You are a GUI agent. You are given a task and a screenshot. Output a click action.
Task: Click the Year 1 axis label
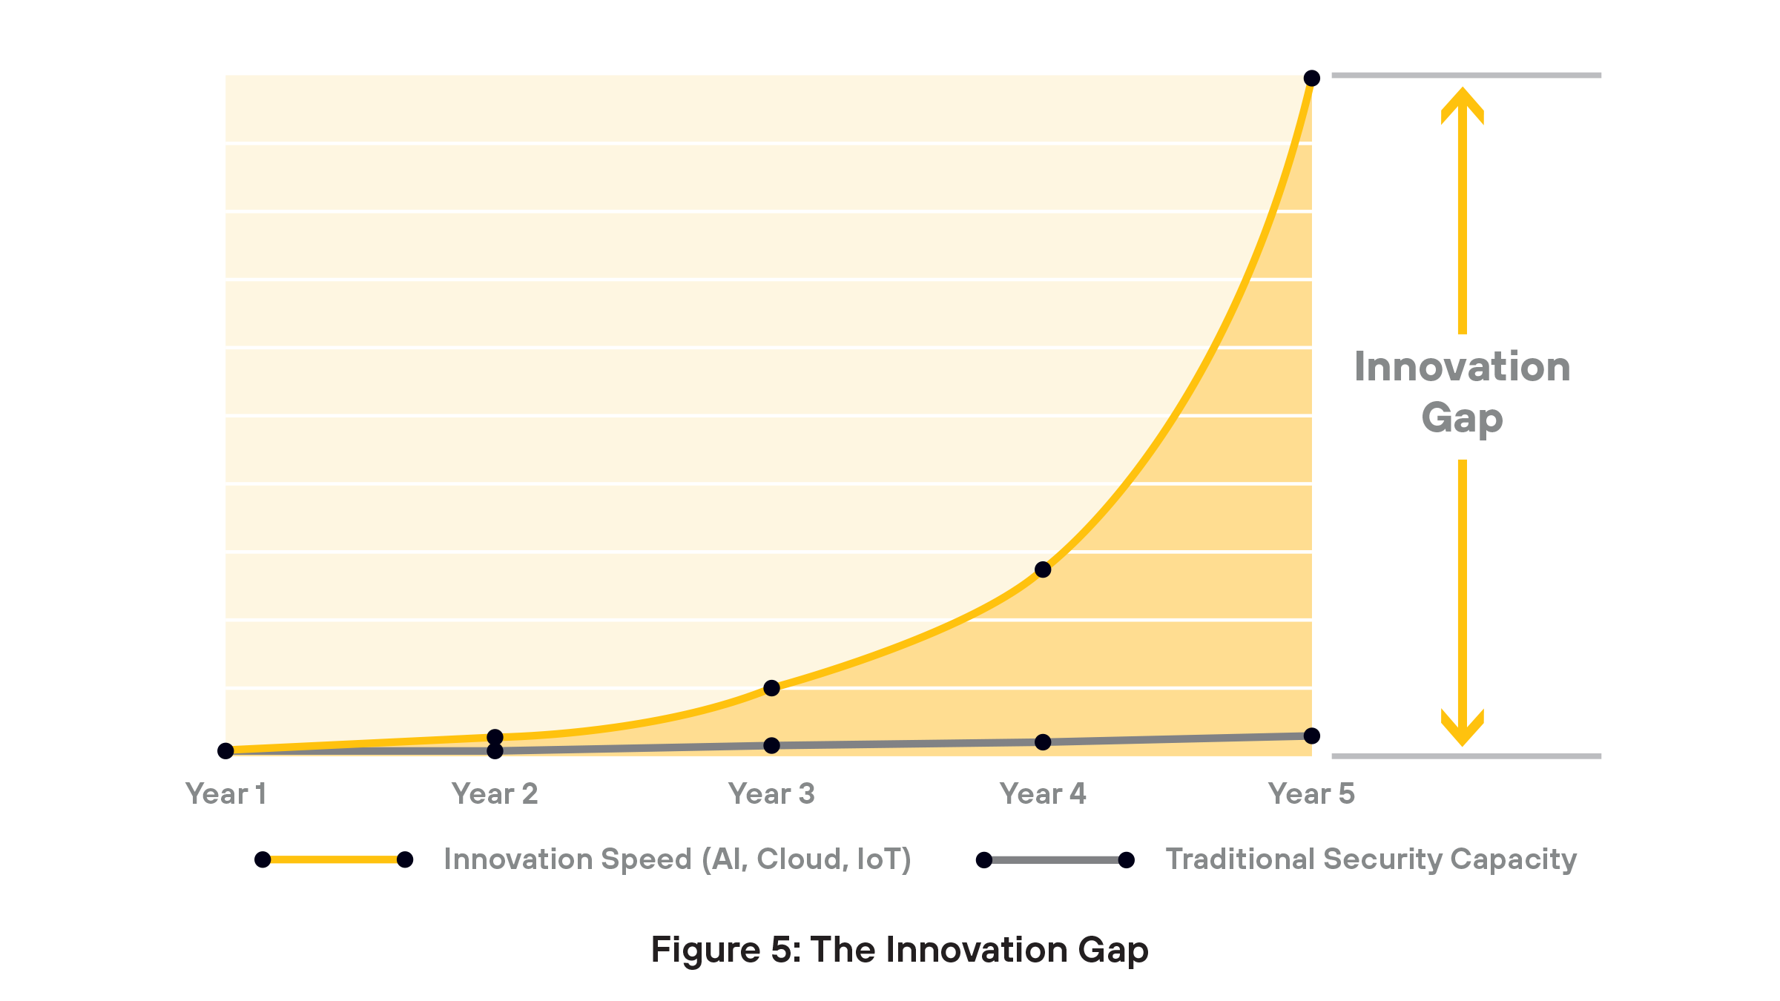[225, 794]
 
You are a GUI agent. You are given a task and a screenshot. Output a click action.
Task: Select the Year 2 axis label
[495, 794]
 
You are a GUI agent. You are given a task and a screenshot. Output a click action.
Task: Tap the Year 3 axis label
[771, 794]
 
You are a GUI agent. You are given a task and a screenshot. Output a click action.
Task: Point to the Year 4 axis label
[1043, 794]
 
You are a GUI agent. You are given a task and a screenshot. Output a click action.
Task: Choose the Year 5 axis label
[1311, 794]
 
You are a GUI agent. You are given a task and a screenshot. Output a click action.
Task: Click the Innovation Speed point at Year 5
[1311, 78]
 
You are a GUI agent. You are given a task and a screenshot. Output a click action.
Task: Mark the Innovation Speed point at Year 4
[1043, 569]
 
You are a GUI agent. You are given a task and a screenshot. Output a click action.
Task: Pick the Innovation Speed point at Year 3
[771, 688]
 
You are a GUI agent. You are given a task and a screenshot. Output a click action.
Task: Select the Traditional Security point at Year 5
[1311, 736]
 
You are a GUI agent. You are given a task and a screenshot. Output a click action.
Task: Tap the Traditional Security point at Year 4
[1043, 741]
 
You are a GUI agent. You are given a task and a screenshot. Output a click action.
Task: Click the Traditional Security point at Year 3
[771, 745]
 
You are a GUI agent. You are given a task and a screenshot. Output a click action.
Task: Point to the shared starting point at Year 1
[225, 751]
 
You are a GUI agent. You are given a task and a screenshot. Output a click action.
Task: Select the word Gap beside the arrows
[1462, 418]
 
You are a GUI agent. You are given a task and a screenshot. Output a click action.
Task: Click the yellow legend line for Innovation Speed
[334, 859]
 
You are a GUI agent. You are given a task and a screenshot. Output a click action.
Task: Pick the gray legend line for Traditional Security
[1055, 860]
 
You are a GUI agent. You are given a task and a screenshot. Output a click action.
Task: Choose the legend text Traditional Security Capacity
[1371, 859]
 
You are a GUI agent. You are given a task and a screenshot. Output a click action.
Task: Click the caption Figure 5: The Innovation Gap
[899, 950]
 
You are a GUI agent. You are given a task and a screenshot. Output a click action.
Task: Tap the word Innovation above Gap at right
[1462, 367]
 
